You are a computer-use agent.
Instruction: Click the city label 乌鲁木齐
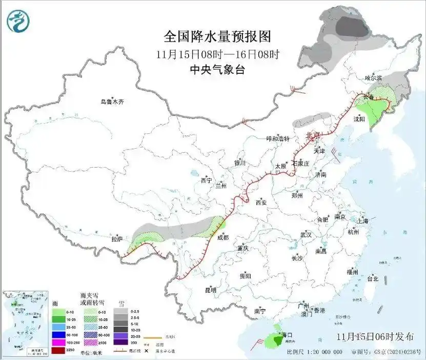(112, 102)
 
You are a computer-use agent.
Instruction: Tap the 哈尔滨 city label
(373, 78)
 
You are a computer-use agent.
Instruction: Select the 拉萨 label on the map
(117, 239)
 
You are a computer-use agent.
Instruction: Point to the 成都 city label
(223, 237)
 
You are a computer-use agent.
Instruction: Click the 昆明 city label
(210, 290)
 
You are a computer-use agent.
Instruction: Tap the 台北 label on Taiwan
(372, 279)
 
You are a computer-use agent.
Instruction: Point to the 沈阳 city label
(359, 119)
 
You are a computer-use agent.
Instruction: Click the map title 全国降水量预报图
(217, 36)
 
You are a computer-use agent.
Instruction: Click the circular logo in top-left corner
(18, 21)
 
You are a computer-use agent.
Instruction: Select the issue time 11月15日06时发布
(375, 337)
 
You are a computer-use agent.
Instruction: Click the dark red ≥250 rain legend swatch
(58, 350)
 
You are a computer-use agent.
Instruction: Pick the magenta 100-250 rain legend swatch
(58, 342)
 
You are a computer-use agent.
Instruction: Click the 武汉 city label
(306, 234)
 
